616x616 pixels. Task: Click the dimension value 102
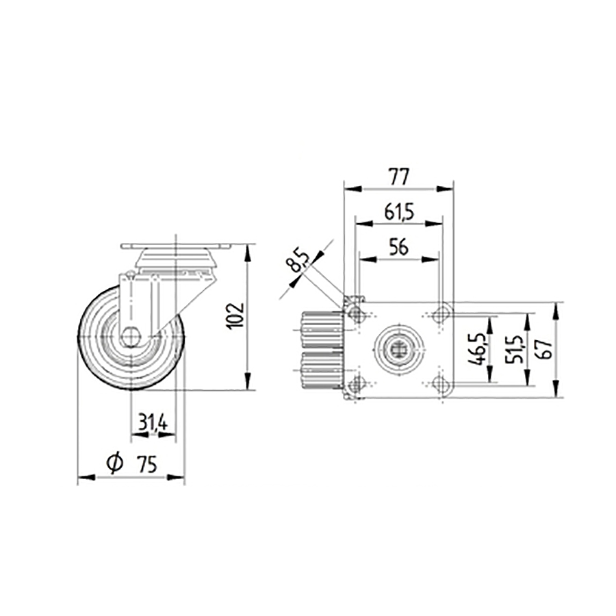(x=234, y=316)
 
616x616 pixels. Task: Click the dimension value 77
(x=398, y=177)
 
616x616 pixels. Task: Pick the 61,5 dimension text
(x=398, y=212)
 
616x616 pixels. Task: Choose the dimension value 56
(x=398, y=248)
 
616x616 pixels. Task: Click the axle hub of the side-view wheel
(x=131, y=337)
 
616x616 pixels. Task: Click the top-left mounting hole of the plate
(x=356, y=315)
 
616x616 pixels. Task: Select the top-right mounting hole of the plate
(x=440, y=315)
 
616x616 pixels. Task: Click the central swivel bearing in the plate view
(x=398, y=350)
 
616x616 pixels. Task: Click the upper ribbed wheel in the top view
(x=322, y=330)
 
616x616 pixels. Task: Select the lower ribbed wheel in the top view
(x=322, y=371)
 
